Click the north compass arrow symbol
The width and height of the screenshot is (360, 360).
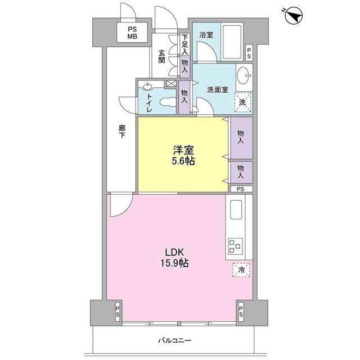294,16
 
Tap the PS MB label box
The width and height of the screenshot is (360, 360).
132,33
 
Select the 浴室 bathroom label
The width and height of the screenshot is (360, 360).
206,35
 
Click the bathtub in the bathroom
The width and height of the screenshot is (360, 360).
232,42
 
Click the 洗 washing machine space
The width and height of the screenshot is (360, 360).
242,102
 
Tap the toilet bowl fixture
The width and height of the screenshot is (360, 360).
168,102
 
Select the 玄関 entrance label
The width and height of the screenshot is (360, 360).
161,56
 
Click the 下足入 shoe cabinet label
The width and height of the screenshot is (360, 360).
185,44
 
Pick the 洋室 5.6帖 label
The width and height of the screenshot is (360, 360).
183,155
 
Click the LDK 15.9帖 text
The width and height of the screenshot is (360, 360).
174,258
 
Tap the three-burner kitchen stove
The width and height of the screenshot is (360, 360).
235,246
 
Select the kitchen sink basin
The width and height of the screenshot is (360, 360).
236,210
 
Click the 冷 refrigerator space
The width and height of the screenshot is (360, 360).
241,270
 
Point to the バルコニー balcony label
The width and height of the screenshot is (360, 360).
174,340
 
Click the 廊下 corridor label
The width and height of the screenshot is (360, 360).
122,132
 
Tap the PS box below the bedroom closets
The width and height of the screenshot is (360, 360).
241,189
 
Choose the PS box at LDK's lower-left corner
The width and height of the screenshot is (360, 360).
118,312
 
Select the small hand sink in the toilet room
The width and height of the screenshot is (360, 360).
147,87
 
